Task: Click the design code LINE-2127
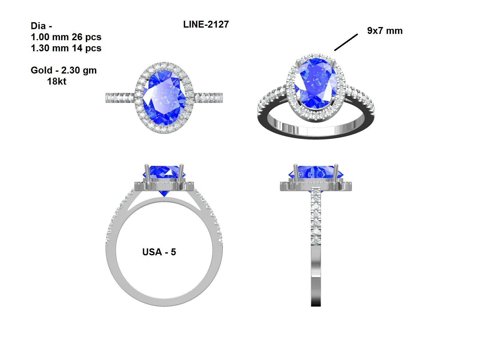pos(206,24)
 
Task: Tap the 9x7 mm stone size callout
pos(385,31)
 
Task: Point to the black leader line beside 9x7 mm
pos(346,42)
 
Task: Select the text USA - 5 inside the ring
pos(159,252)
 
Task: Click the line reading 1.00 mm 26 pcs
pos(66,37)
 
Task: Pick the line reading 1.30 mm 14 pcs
pos(66,48)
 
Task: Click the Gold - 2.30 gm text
pos(64,70)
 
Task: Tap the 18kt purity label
pos(56,82)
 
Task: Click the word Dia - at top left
pos(41,26)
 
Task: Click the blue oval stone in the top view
pos(164,97)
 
